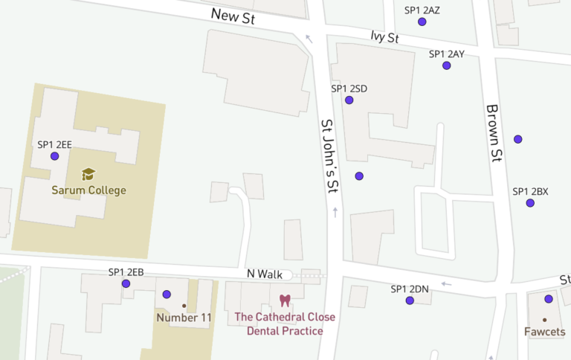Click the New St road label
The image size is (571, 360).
(233, 16)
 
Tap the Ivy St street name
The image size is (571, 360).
(385, 37)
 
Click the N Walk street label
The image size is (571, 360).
(265, 274)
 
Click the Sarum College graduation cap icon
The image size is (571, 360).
(88, 174)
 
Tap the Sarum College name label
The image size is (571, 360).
(88, 190)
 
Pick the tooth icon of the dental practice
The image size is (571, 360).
(284, 300)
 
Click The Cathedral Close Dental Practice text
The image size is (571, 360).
(285, 324)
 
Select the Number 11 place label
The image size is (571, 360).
(184, 318)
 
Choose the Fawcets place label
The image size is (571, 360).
(544, 332)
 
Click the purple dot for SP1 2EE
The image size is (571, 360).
(54, 156)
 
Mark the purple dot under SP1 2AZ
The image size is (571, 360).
(422, 22)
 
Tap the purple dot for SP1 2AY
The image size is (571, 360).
(446, 65)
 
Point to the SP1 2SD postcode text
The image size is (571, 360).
(349, 89)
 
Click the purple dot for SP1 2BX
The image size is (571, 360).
(530, 202)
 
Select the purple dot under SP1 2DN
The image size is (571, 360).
(410, 300)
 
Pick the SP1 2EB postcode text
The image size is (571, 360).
(126, 272)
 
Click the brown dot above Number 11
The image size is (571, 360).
(184, 306)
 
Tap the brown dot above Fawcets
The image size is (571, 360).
(544, 320)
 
